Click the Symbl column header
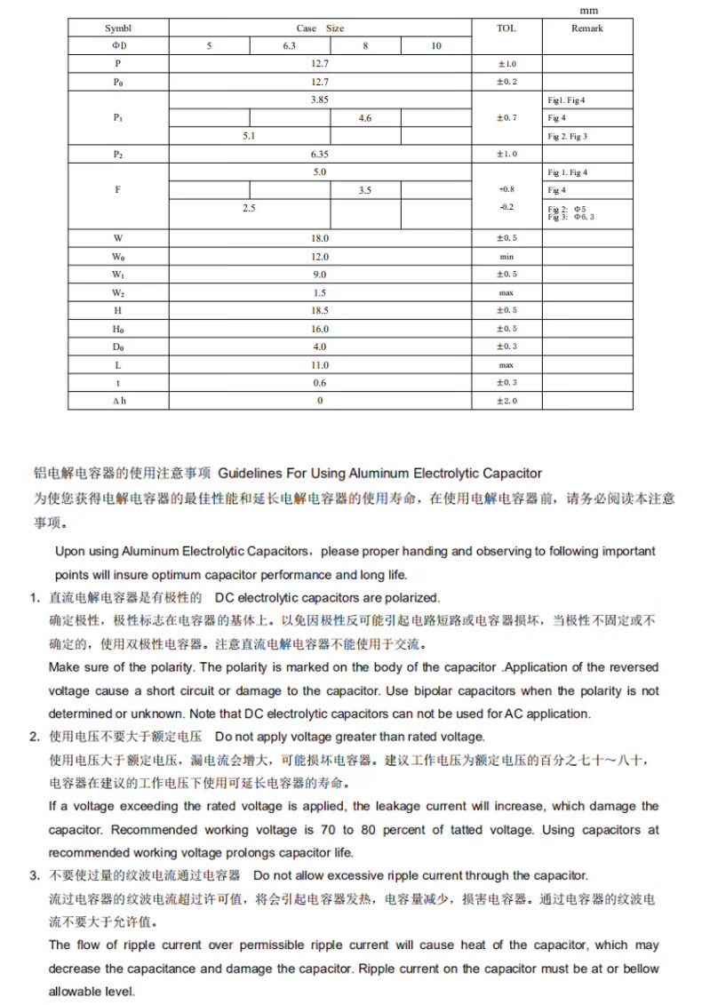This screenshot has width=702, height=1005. [x=117, y=28]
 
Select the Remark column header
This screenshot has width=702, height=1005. [x=587, y=28]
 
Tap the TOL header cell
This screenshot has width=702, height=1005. [x=506, y=28]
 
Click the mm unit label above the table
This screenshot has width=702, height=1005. [x=588, y=10]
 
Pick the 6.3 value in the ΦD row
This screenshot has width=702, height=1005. [x=290, y=46]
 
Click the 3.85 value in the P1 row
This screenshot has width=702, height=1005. [x=320, y=100]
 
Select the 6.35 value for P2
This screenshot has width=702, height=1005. [x=320, y=154]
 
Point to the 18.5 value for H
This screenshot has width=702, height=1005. [x=320, y=310]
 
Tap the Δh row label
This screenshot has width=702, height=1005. [x=118, y=401]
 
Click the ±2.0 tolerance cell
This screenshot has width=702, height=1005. [x=507, y=401]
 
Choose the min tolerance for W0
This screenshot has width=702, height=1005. [x=507, y=256]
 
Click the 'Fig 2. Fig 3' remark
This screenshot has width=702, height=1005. [x=567, y=136]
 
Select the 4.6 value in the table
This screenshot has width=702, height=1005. [x=365, y=118]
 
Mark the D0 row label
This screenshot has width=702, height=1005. [x=118, y=347]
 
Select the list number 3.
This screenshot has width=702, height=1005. [x=33, y=876]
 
